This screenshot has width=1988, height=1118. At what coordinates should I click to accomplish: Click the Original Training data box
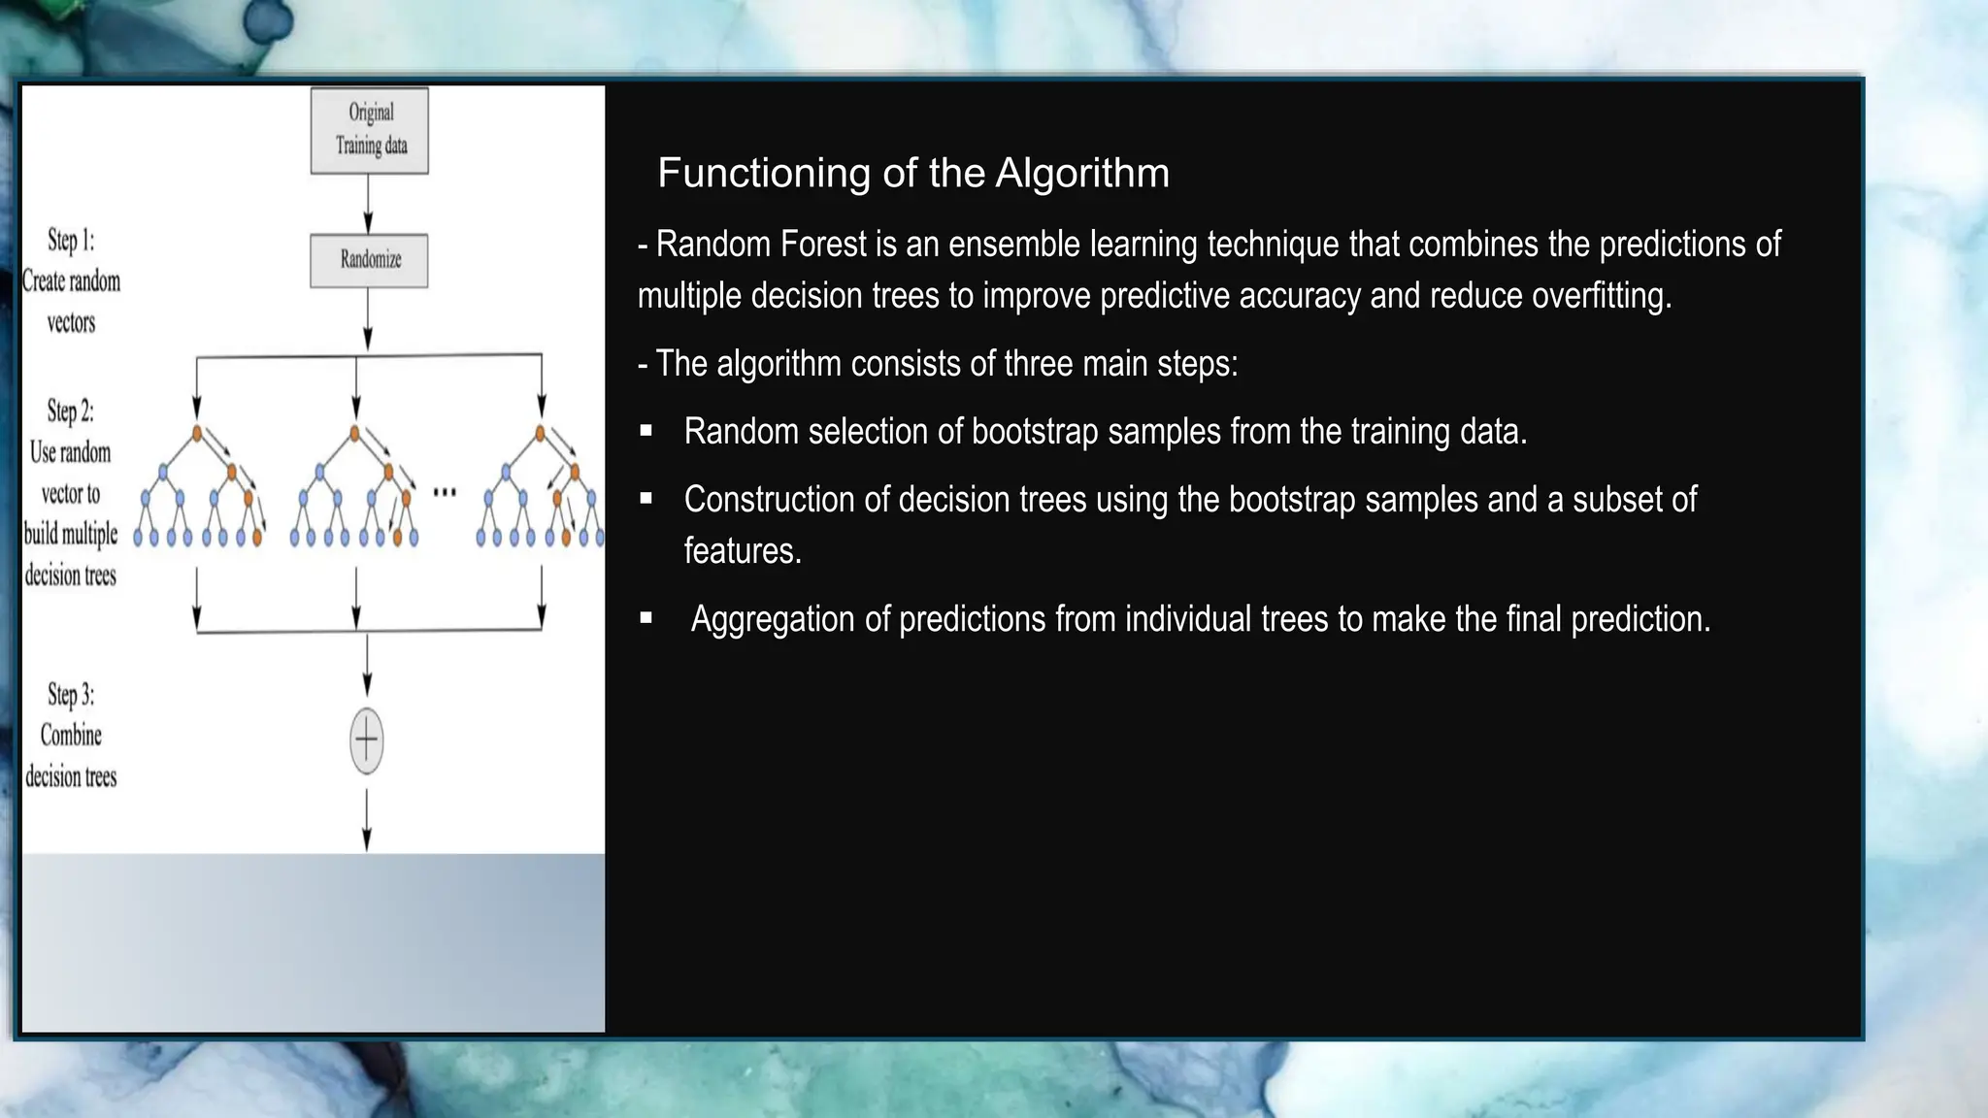coord(369,130)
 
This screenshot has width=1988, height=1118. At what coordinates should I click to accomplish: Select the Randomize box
coord(369,260)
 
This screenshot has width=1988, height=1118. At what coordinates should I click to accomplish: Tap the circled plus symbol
coord(366,741)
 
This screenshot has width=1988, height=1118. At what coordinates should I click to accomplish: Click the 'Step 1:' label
coord(71,240)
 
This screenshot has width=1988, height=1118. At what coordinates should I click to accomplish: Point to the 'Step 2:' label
coord(71,411)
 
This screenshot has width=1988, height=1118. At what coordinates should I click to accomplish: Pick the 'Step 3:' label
coord(71,695)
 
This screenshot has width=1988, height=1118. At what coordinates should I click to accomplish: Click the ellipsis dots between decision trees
coord(445,492)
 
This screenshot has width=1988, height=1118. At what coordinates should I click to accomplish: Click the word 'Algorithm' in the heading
coord(1082,174)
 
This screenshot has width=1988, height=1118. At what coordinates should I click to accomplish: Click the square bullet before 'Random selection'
coord(646,431)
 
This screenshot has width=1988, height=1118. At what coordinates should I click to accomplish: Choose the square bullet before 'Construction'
coord(646,499)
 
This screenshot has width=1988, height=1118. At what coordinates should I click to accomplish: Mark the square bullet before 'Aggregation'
coord(646,618)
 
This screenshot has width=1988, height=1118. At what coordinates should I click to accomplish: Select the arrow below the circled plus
coord(366,820)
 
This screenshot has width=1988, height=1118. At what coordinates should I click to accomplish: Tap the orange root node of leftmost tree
coord(197,433)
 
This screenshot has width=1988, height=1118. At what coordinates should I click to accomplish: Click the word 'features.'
coord(743,551)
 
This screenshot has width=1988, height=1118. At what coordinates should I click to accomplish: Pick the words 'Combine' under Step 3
coord(71,736)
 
